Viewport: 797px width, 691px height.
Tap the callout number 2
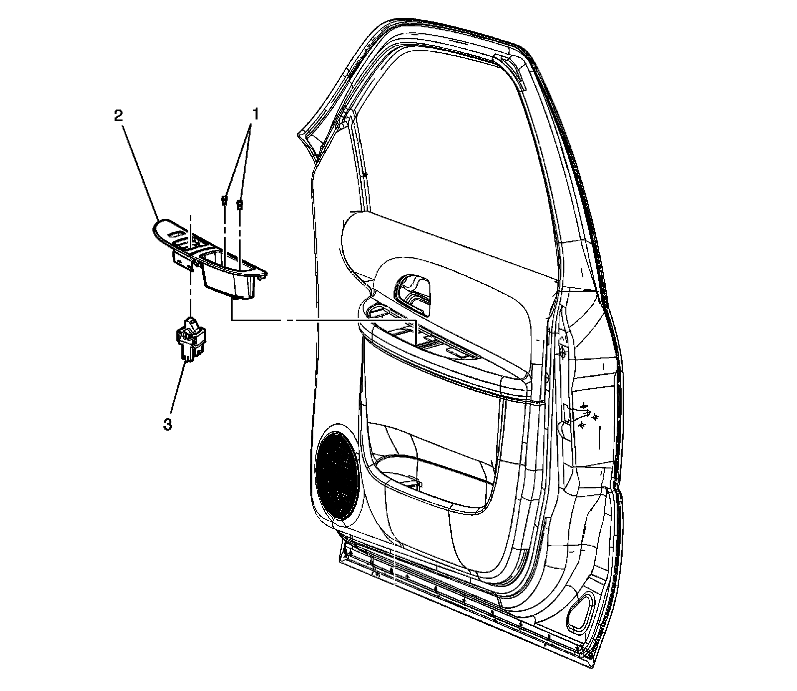tap(118, 116)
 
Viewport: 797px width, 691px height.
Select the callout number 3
tap(168, 425)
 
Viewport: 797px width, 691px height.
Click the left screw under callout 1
tap(224, 201)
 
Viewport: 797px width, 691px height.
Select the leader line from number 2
tap(139, 169)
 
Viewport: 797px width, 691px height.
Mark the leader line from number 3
tap(178, 393)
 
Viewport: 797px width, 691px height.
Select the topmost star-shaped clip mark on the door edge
tap(583, 407)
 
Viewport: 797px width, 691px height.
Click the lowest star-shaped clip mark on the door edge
tap(581, 425)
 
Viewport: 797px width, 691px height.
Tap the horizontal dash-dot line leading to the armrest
tap(324, 321)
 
